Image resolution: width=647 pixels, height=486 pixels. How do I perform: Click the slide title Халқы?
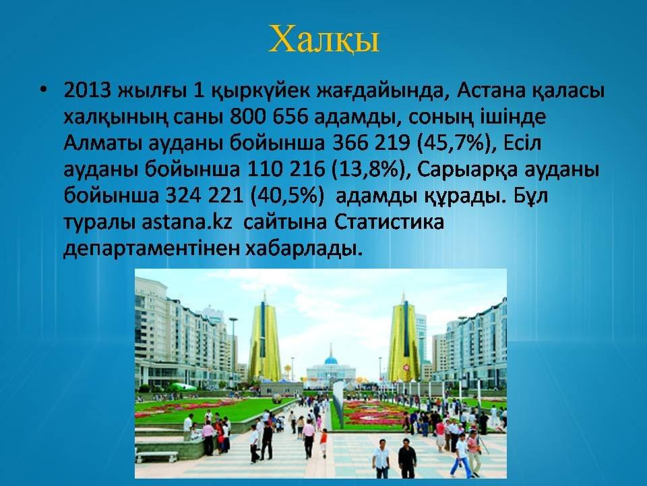point(323,40)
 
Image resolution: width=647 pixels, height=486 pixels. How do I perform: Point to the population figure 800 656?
point(269,117)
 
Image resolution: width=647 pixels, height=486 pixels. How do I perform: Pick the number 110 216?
point(286,169)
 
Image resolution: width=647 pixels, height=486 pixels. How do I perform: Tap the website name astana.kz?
point(187,222)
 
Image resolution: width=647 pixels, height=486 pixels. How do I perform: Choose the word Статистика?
point(389,222)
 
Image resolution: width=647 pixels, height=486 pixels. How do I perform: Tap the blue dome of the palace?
point(330,360)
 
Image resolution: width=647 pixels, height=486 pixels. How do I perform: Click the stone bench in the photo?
point(156,456)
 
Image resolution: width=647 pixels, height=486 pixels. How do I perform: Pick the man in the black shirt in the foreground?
point(407,458)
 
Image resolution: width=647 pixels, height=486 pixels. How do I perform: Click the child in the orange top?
point(323,443)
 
